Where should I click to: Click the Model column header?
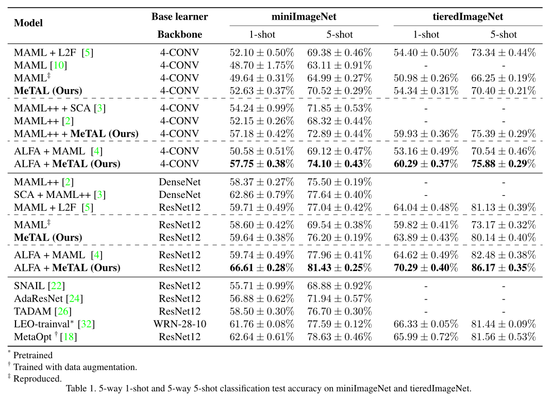pyautogui.click(x=28, y=23)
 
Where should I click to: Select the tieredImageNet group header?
pyautogui.click(x=468, y=16)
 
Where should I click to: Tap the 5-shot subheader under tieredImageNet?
pyautogui.click(x=503, y=35)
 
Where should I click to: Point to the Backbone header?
pyautogui.click(x=179, y=35)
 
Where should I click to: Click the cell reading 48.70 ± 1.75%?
pyautogui.click(x=261, y=65)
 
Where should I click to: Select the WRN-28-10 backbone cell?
pyautogui.click(x=179, y=324)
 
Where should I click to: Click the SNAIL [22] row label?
pyautogui.click(x=39, y=286)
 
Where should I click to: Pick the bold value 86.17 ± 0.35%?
pyautogui.click(x=503, y=268)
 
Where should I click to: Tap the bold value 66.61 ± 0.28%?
pyautogui.click(x=261, y=268)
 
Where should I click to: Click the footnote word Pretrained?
pyautogui.click(x=33, y=355)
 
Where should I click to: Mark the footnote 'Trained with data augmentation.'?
pyautogui.click(x=75, y=367)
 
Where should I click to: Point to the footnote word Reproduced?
pyautogui.click(x=37, y=378)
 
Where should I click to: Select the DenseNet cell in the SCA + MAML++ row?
pyautogui.click(x=179, y=194)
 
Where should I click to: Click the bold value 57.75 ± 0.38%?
pyautogui.click(x=261, y=164)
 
